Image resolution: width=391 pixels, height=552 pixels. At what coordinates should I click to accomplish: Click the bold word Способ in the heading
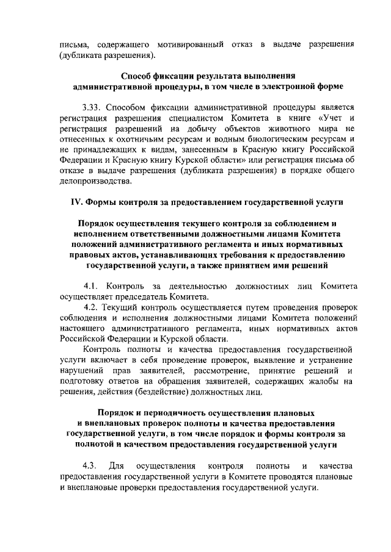[139, 76]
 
